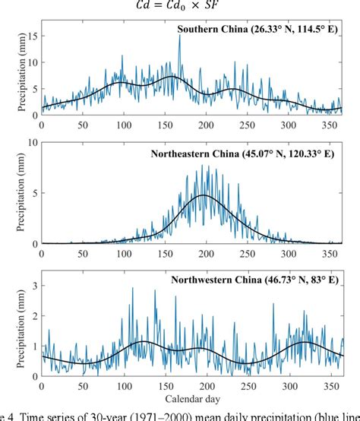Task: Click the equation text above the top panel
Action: point(180,4)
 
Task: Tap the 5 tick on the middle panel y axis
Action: point(33,193)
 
